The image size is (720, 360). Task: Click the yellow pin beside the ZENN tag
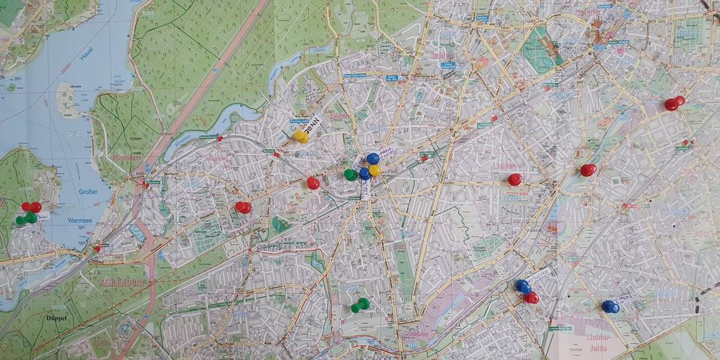coord(300,137)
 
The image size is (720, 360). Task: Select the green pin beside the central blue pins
coord(350,174)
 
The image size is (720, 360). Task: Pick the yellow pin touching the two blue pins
coord(374,170)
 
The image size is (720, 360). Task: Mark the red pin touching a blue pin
coord(531,298)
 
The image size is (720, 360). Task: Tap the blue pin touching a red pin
coord(522,286)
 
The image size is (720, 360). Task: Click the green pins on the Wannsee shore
coord(26,218)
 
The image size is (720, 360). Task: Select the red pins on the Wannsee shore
coord(31,207)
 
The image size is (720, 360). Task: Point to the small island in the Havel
coord(68,100)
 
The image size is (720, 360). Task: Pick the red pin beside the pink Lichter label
coord(515,179)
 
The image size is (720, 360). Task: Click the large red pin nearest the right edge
coord(673,104)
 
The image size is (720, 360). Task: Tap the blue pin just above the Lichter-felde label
coord(610,306)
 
